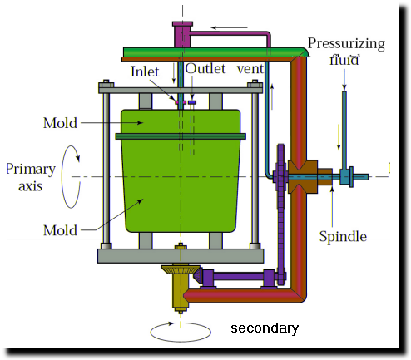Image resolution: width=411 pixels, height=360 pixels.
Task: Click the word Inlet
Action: [x=145, y=72]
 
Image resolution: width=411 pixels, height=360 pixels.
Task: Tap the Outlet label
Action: [x=205, y=69]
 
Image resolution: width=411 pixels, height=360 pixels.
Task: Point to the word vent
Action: [x=250, y=69]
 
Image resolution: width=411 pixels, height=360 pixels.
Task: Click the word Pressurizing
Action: [x=346, y=44]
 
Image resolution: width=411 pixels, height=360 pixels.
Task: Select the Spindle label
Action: [x=343, y=237]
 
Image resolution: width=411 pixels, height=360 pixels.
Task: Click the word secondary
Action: [x=265, y=328]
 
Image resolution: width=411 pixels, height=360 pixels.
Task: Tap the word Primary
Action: [x=31, y=170]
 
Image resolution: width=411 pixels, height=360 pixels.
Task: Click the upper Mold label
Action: [x=60, y=123]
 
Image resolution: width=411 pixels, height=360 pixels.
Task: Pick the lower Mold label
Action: [x=60, y=230]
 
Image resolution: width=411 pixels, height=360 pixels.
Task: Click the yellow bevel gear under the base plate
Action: [x=181, y=269]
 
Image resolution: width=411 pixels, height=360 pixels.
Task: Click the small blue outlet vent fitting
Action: [x=192, y=102]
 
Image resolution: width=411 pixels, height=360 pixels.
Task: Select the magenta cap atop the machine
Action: [x=182, y=34]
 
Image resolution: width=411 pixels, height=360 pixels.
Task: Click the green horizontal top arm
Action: [x=215, y=52]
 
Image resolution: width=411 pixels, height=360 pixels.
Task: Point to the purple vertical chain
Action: [x=281, y=215]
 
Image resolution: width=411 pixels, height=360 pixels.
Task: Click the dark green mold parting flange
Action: [x=181, y=136]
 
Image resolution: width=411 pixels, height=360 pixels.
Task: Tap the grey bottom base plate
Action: [x=181, y=256]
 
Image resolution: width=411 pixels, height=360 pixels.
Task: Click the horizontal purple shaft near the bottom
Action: [x=239, y=276]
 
